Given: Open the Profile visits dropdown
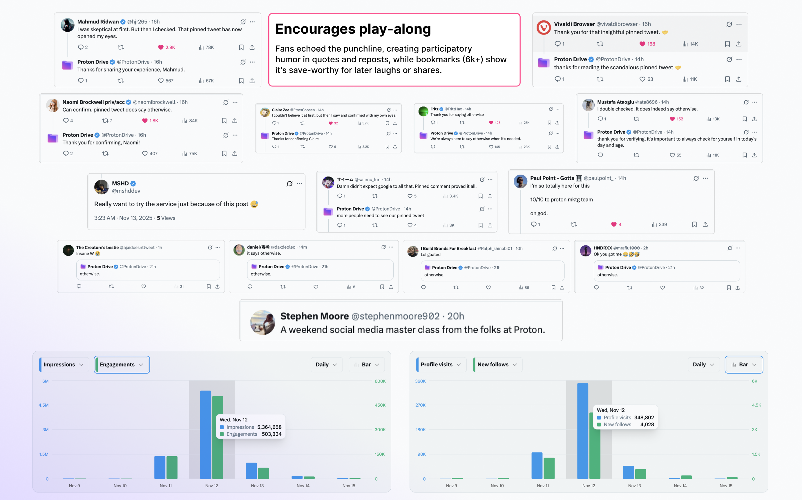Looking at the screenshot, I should coord(441,365).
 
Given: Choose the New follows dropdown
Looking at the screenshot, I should coord(497,365).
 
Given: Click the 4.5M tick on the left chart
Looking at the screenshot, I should coord(44,405).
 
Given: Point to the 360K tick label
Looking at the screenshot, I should coord(420,381).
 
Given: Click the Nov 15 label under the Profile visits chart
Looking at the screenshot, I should coord(726,486).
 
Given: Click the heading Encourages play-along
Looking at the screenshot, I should coord(353,29).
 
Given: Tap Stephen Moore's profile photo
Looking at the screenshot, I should coord(262,323).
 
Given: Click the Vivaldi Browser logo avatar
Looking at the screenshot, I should coord(543,28).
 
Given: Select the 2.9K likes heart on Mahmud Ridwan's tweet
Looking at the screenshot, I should coord(161,47).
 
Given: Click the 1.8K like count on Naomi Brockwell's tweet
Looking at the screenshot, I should coord(154,121).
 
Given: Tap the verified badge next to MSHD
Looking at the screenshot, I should coord(133,184).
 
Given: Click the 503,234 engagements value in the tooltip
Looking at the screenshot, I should coord(271,434).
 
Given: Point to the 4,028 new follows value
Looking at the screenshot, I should coord(647,425).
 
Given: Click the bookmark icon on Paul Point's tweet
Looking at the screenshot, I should coord(694,224).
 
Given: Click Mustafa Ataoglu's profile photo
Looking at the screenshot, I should coord(588,105).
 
